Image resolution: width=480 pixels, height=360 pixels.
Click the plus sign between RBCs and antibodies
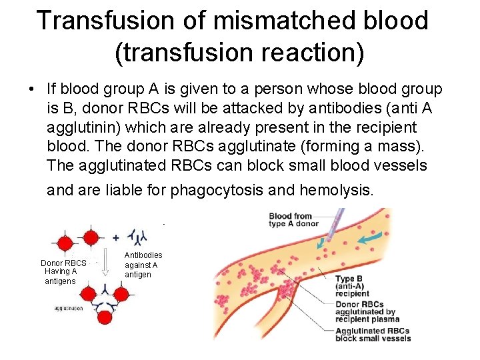coord(115,237)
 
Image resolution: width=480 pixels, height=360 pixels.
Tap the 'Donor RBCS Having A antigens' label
coord(63,271)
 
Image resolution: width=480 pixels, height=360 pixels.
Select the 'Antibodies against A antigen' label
coord(143,265)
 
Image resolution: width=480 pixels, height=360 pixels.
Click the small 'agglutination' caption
coord(69,308)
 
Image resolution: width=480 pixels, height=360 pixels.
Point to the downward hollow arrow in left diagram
coord(103,266)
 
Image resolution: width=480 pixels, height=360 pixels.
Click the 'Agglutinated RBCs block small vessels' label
coord(372,335)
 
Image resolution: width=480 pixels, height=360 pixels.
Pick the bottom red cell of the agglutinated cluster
coord(105,317)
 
